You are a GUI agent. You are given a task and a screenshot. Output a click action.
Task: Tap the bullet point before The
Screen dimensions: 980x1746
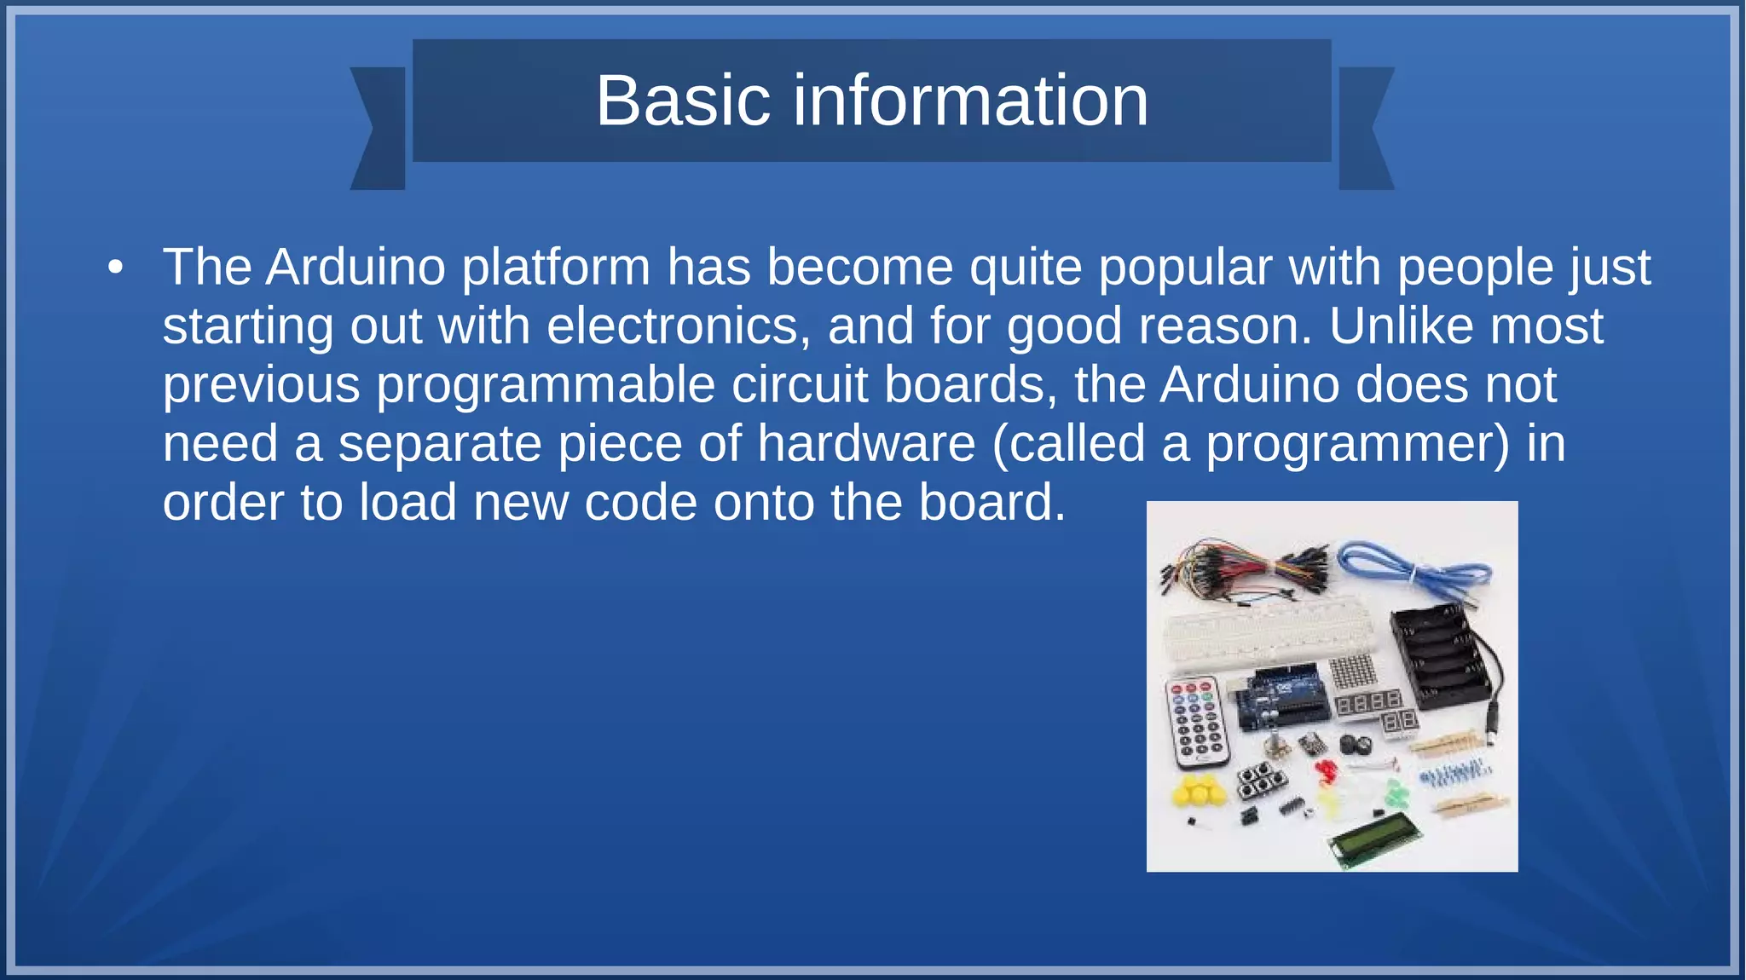pos(116,268)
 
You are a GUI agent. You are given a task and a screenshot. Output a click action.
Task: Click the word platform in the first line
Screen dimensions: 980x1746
pos(556,268)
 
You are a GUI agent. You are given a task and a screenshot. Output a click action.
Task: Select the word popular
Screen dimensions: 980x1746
pos(1185,268)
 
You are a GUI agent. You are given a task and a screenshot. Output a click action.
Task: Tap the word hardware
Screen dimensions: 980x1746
pos(866,444)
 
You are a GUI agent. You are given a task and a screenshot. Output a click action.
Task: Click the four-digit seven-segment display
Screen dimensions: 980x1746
pos(1367,702)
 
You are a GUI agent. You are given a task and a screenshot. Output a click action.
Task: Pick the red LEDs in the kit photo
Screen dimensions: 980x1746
pos(1327,772)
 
